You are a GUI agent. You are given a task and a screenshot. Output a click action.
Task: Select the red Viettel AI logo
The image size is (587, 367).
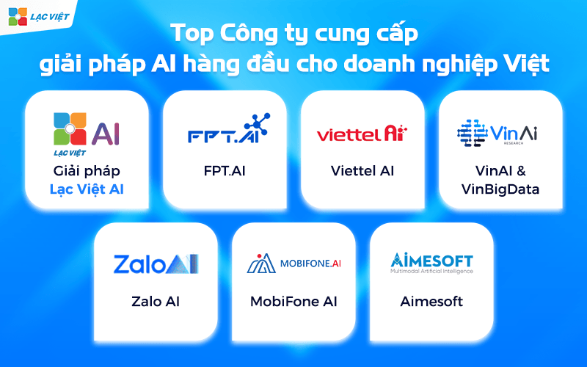pyautogui.click(x=362, y=134)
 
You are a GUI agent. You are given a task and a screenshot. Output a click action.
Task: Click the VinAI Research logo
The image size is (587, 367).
pyautogui.click(x=498, y=132)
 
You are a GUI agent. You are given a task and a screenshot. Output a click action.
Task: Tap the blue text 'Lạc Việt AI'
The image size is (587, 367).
pyautogui.click(x=87, y=189)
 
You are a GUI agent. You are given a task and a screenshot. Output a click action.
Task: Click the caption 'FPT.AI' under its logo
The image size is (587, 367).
pyautogui.click(x=225, y=171)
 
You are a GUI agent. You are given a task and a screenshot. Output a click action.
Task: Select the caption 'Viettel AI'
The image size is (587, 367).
pyautogui.click(x=362, y=171)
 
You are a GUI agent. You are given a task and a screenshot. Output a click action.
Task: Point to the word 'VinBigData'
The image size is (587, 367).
pyautogui.click(x=500, y=189)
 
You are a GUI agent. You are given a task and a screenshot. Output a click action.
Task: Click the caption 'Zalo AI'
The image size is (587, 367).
pyautogui.click(x=156, y=302)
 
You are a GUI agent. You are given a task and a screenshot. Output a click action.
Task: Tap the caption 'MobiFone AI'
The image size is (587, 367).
pyautogui.click(x=293, y=302)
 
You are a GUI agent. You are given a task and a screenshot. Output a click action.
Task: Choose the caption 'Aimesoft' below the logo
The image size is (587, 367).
pyautogui.click(x=431, y=302)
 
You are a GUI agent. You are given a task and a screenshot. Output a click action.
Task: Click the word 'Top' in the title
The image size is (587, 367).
pyautogui.click(x=188, y=34)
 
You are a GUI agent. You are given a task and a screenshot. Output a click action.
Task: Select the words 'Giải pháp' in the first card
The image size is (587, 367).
pyautogui.click(x=87, y=171)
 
